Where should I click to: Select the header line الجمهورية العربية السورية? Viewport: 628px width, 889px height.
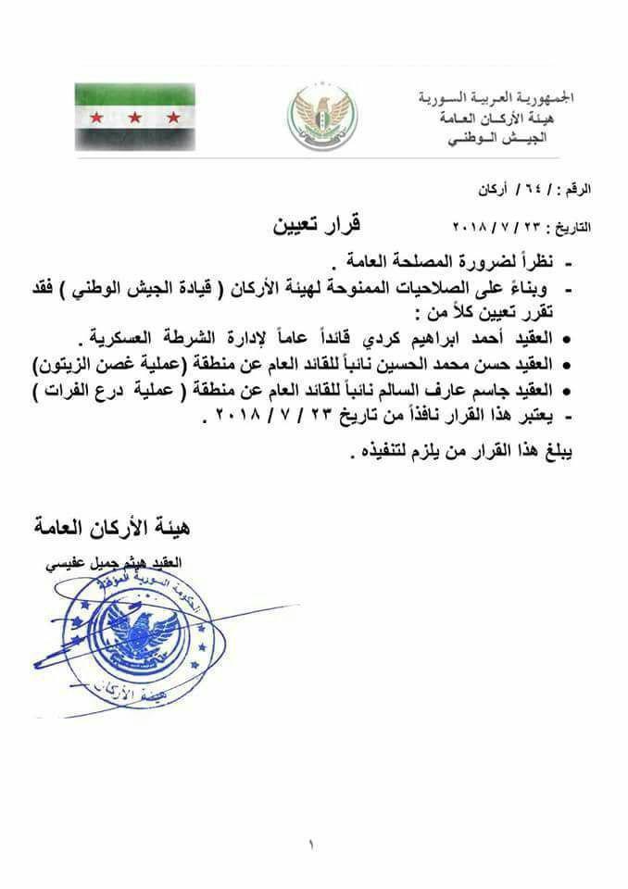[496, 97]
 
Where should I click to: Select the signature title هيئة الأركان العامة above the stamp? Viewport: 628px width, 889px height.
[110, 530]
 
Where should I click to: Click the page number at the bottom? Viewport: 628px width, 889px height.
[312, 845]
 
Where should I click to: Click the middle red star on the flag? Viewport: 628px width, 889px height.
[135, 118]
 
